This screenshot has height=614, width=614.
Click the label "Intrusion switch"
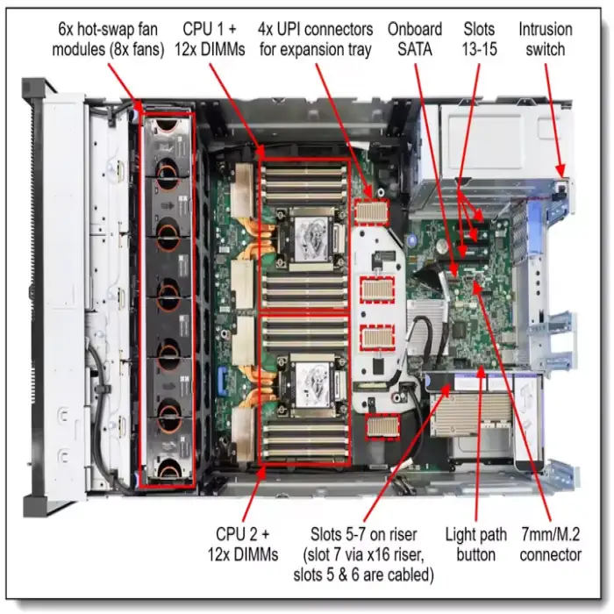pyautogui.click(x=546, y=39)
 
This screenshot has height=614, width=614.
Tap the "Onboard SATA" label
pyautogui.click(x=414, y=39)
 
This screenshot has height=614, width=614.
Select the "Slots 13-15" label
pyautogui.click(x=479, y=39)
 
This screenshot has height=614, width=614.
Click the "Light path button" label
pyautogui.click(x=476, y=544)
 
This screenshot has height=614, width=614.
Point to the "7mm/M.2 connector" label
pyautogui.click(x=550, y=544)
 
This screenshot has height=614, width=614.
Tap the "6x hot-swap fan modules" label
pyautogui.click(x=108, y=39)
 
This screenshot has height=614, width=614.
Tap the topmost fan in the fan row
pyautogui.click(x=167, y=138)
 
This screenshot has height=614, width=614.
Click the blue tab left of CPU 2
pyautogui.click(x=220, y=385)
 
